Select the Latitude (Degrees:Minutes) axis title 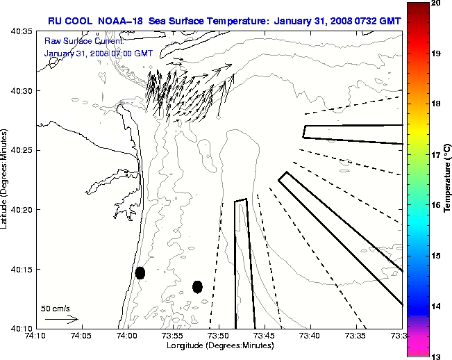click(x=6, y=179)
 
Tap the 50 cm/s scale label click(x=56, y=308)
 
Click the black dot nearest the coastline click(x=140, y=272)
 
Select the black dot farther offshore click(x=198, y=286)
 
